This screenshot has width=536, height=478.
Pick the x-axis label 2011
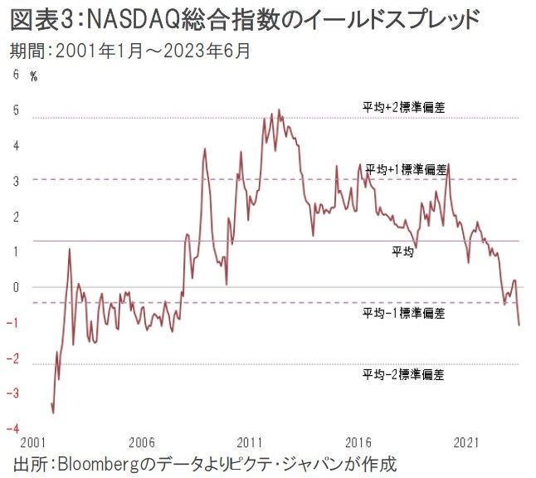(251, 441)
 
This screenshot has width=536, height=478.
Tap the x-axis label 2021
(468, 441)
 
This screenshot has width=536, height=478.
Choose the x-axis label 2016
(359, 441)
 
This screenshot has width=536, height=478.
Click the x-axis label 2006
(142, 441)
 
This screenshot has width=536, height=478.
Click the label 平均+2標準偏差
(404, 107)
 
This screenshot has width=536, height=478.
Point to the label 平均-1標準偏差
(404, 313)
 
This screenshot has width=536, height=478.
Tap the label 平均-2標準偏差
(404, 375)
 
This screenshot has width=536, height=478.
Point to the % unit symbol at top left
(34, 76)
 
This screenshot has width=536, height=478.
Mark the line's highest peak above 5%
(279, 110)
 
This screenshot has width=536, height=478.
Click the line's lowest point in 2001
(53, 412)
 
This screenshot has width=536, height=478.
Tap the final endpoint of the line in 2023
(519, 324)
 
